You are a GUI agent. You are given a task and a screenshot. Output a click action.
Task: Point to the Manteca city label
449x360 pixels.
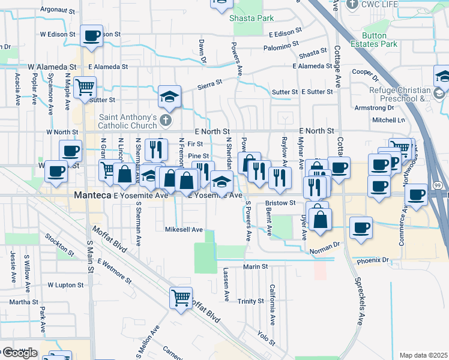click(x=91, y=195)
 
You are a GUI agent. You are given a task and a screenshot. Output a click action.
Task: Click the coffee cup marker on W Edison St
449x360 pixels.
click(x=91, y=36)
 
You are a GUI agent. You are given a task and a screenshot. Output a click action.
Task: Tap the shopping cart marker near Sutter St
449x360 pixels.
click(x=85, y=87)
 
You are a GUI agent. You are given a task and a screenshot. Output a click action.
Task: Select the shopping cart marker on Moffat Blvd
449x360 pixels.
click(x=181, y=296)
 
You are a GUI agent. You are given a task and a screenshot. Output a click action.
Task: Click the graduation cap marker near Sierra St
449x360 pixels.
click(x=170, y=97)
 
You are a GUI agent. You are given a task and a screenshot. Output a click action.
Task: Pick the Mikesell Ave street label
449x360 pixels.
click(x=184, y=229)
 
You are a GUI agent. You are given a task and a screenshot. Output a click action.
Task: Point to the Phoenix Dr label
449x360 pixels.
click(x=372, y=260)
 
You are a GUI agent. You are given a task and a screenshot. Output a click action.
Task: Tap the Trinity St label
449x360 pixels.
click(x=251, y=301)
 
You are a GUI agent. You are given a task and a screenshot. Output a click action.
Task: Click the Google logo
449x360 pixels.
click(x=19, y=353)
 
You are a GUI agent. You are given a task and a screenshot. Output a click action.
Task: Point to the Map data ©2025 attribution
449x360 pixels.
click(x=423, y=355)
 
